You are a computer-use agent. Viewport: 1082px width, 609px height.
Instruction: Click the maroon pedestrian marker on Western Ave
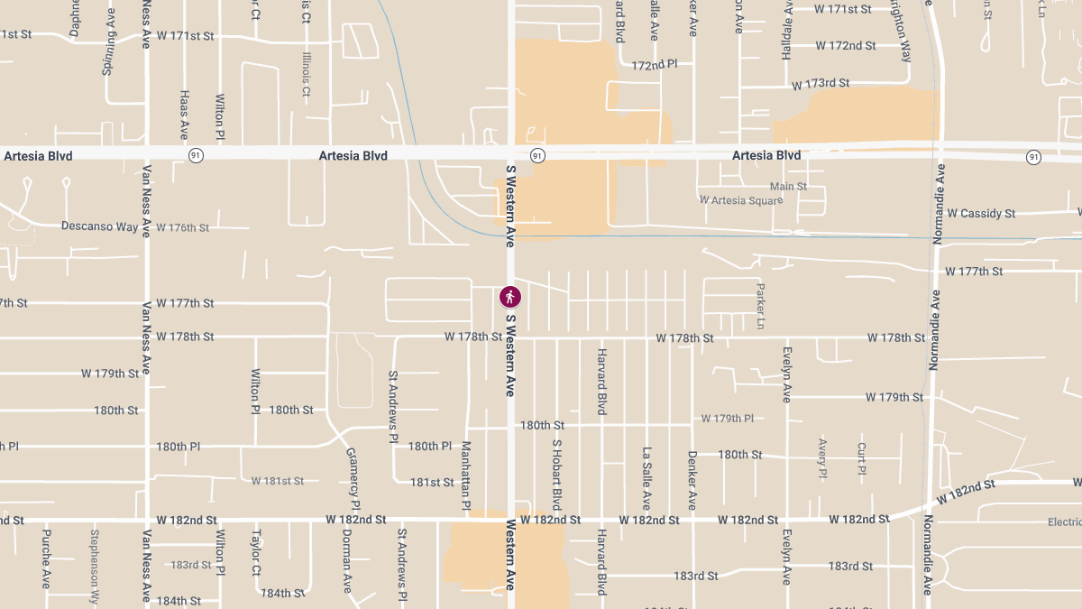coord(510,296)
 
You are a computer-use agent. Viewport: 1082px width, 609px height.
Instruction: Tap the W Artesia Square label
coord(740,199)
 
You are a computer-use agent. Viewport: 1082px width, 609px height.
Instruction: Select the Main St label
coord(788,186)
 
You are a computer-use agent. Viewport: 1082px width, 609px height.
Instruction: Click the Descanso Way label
coord(100,226)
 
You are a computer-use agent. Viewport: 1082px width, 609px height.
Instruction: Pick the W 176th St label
coord(183,227)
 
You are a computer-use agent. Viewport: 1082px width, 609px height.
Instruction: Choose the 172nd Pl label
coord(654,66)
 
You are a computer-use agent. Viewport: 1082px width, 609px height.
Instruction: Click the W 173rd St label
coord(821,84)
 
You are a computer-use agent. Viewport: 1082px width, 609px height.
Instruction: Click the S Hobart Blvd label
coord(557,475)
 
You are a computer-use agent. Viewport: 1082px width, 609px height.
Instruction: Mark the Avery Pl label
coord(822,457)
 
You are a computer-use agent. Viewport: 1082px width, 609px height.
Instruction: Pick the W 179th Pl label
coord(728,419)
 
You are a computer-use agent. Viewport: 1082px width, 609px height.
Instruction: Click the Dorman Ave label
coord(346,560)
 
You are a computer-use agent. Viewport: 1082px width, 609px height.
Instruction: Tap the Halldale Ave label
coord(786,37)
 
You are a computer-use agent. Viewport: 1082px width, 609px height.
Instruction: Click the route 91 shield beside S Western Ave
coord(537,156)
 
